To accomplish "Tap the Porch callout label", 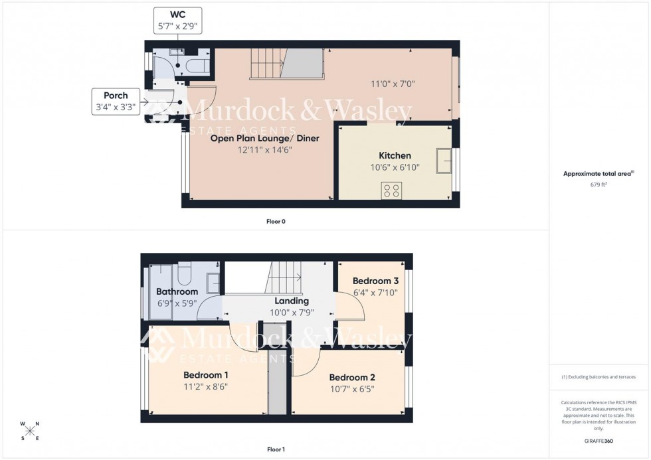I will (x=115, y=101).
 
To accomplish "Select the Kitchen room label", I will (x=395, y=155).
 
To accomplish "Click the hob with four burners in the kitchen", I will (x=392, y=191).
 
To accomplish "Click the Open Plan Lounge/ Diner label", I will (x=265, y=139).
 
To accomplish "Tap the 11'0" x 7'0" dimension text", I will (x=392, y=84).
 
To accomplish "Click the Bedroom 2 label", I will (x=352, y=377).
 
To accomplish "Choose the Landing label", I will (x=292, y=301).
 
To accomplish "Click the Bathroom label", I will (x=177, y=292).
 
